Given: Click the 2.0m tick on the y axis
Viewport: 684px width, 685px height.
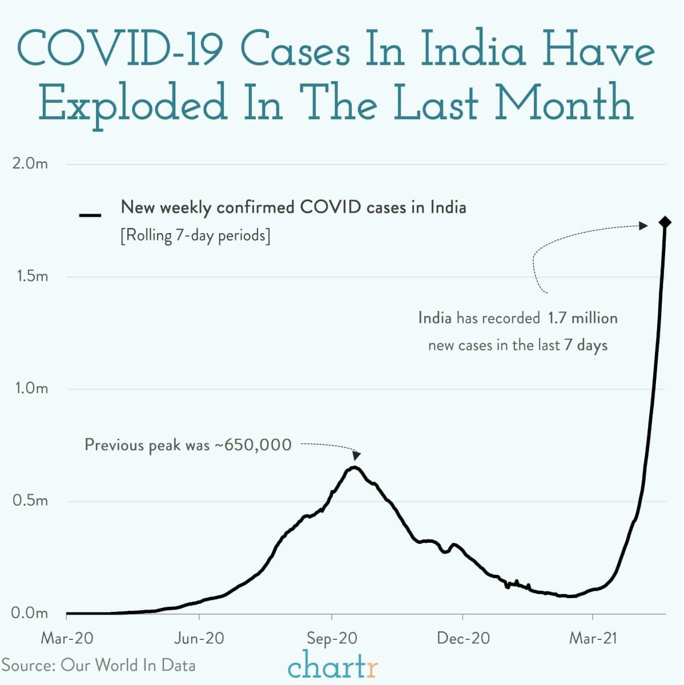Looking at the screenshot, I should pyautogui.click(x=30, y=164).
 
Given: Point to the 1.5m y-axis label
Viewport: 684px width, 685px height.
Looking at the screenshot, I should pyautogui.click(x=30, y=277).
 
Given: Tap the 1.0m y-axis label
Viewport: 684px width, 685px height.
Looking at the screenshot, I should pyautogui.click(x=30, y=388).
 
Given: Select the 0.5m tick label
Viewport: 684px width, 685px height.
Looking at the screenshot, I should pyautogui.click(x=30, y=501).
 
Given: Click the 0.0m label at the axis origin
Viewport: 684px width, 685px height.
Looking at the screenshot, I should pyautogui.click(x=30, y=613).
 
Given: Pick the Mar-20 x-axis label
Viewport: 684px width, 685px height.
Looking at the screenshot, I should pyautogui.click(x=67, y=638).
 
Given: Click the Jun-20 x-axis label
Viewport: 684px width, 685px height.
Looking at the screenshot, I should pyautogui.click(x=199, y=638).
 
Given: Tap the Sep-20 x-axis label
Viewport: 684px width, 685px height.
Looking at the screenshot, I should pyautogui.click(x=331, y=638).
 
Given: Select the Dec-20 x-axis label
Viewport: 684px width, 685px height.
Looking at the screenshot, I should pyautogui.click(x=463, y=638).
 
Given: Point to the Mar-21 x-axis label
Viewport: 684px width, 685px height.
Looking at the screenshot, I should pyautogui.click(x=593, y=638).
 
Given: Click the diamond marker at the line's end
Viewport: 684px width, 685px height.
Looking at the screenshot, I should pyautogui.click(x=665, y=222).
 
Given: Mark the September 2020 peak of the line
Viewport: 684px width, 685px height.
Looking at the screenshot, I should pyautogui.click(x=354, y=468).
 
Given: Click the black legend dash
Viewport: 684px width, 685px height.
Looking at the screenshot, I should pyautogui.click(x=90, y=215).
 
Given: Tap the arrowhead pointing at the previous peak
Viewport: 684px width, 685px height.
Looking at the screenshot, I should pyautogui.click(x=357, y=455).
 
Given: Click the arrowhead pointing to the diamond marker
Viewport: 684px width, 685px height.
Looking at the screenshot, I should pyautogui.click(x=643, y=226).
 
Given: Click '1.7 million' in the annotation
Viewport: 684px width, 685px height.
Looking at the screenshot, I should pyautogui.click(x=582, y=318).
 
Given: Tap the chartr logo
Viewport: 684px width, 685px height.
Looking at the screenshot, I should pyautogui.click(x=333, y=666).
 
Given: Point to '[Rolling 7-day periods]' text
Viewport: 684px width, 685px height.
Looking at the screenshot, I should pyautogui.click(x=195, y=235).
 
